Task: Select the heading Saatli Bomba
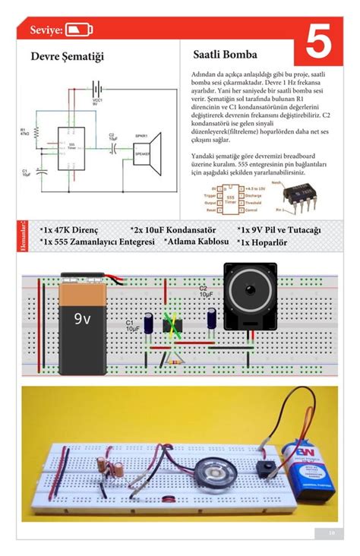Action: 225,55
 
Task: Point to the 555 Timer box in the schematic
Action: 71,145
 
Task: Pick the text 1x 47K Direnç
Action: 71,229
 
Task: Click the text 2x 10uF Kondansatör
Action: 173,229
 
